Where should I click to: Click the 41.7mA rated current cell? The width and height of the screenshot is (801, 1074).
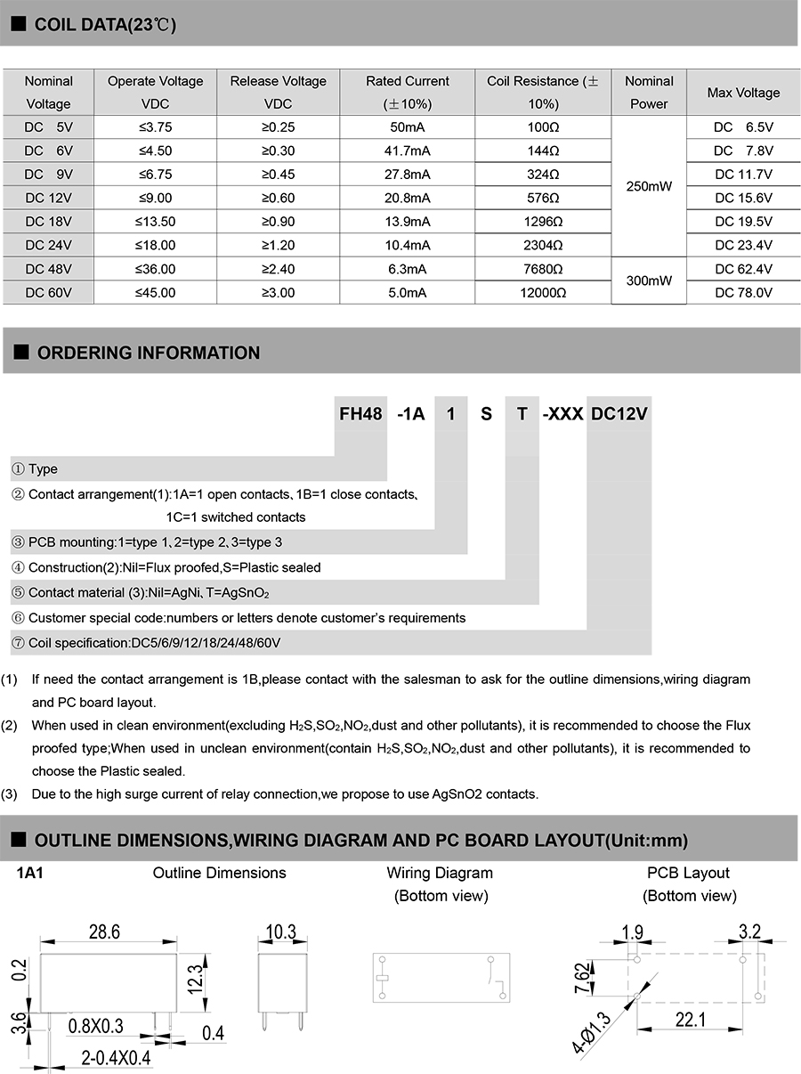(409, 151)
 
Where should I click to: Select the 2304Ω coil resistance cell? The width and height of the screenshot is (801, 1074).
(543, 245)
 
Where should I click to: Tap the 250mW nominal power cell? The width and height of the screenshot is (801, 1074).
(649, 186)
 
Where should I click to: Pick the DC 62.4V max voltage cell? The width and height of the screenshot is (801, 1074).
(743, 269)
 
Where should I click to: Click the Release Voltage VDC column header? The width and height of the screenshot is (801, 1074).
(279, 92)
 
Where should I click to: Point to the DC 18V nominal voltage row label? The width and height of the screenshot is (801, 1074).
(49, 222)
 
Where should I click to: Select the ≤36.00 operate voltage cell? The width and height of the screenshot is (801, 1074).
(156, 269)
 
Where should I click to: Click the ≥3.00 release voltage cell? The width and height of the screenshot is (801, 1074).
(279, 292)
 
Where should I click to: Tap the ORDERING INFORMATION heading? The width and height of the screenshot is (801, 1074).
(148, 353)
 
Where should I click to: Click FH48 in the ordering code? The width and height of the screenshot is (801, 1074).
(360, 414)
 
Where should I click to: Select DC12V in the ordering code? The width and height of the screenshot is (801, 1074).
(619, 414)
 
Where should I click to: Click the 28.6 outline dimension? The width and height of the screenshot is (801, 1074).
(104, 932)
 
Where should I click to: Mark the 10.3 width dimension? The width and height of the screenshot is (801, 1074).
(280, 932)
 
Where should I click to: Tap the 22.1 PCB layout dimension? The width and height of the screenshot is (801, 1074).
(690, 1019)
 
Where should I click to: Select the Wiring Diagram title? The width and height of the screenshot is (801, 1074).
(440, 873)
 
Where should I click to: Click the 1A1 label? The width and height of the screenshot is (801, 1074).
(30, 874)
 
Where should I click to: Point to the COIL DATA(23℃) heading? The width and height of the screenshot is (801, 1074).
(105, 25)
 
